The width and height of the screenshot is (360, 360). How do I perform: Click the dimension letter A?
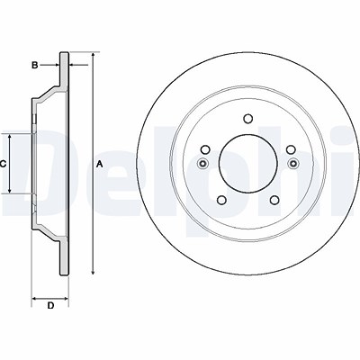[x=100, y=163]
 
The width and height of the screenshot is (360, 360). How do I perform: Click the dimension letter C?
[x=4, y=163]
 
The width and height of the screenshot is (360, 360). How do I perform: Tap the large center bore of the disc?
[x=246, y=163]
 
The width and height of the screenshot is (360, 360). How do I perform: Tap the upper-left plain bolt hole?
[x=205, y=150]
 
